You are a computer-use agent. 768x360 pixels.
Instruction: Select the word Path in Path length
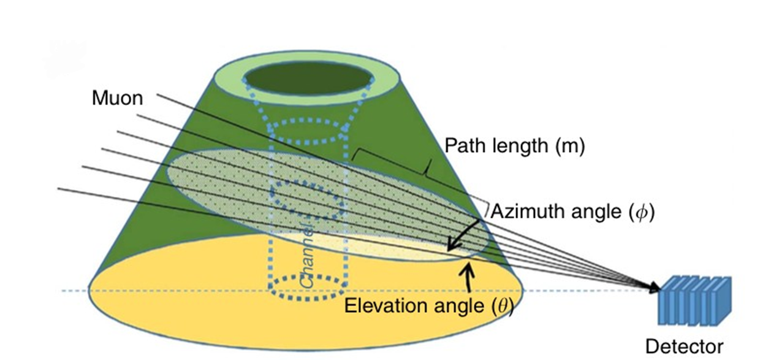[465, 146]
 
